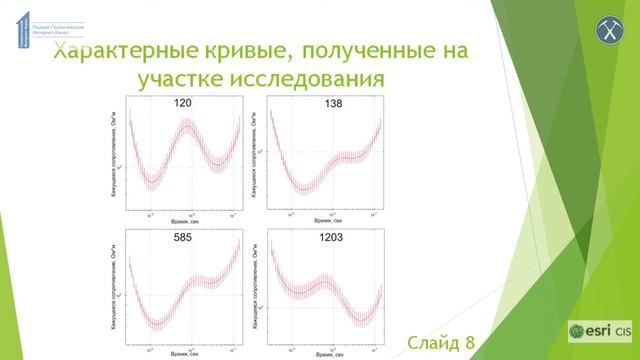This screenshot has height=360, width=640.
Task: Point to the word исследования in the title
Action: pos(314,78)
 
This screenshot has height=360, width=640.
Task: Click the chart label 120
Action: pos(183,103)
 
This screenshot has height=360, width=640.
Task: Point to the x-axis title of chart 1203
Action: pos(331,355)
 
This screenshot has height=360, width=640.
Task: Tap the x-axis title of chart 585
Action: pos(183,355)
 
